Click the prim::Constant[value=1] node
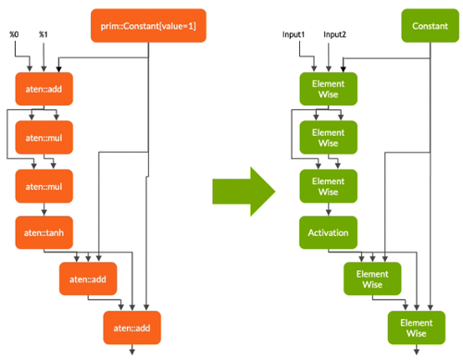click(x=149, y=25)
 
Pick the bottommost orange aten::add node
click(x=131, y=327)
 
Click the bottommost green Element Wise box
click(x=415, y=327)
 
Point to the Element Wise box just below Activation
click(x=371, y=279)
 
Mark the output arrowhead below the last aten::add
click(x=131, y=352)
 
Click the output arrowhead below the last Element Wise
click(x=415, y=352)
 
